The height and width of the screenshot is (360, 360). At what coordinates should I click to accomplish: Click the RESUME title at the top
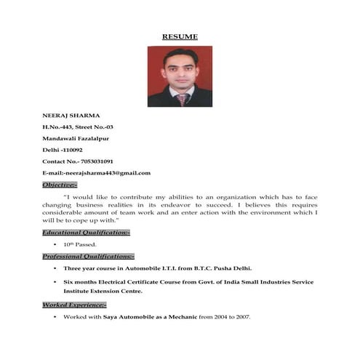pos(180,36)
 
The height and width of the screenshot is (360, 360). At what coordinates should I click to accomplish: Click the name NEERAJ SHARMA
pos(71,115)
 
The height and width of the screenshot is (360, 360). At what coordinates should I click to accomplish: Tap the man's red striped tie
pos(182,98)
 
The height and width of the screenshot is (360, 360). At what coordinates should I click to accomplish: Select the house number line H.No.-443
pos(77,127)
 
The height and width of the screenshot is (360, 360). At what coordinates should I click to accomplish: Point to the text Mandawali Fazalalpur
pos(76,138)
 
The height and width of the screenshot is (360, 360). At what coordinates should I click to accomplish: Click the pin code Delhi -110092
pos(65,150)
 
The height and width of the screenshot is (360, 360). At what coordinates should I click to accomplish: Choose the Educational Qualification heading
pos(86,232)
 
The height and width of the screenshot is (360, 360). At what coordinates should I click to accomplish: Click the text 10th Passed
pos(80,244)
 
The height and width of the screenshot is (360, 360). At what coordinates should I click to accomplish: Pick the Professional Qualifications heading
pos(88,257)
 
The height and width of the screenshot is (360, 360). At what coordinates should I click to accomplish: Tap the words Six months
pos(79,282)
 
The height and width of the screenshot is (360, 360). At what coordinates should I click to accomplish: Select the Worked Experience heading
pos(74,305)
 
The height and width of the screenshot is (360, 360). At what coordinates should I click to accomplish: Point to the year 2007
pos(242,318)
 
